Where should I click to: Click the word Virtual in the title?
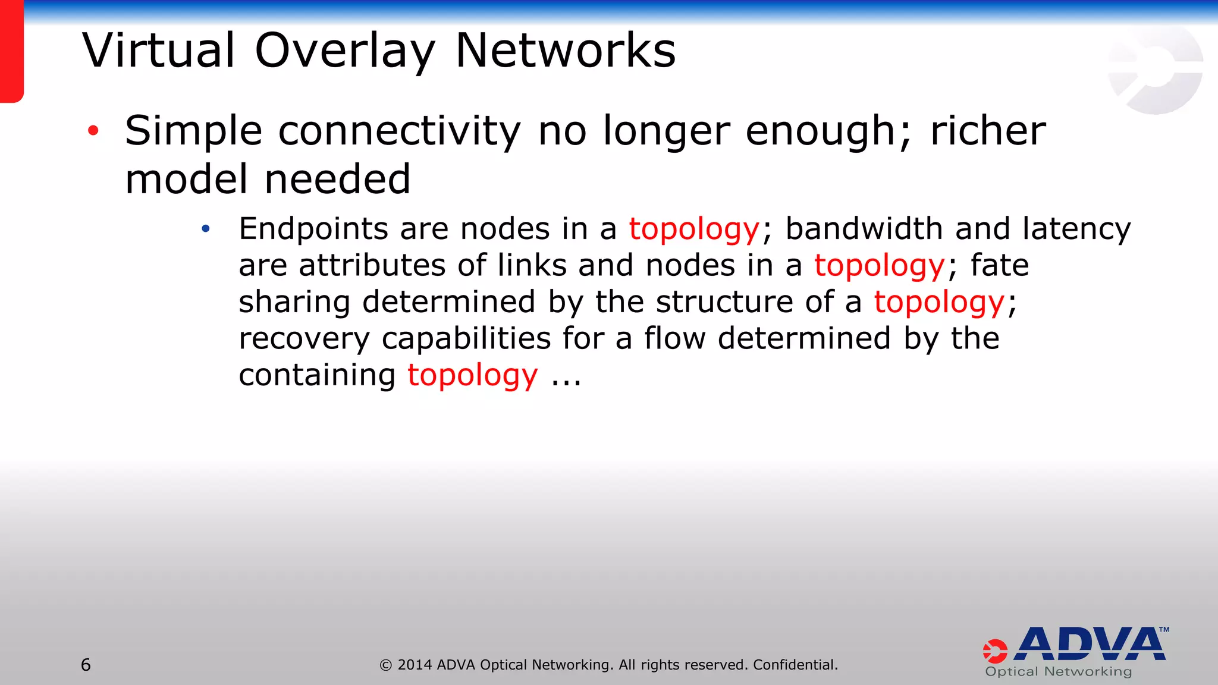pyautogui.click(x=159, y=51)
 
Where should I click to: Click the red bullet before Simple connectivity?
pyautogui.click(x=93, y=131)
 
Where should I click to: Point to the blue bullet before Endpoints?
pyautogui.click(x=206, y=229)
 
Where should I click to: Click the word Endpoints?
pyautogui.click(x=313, y=230)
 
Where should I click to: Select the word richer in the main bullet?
pyautogui.click(x=987, y=131)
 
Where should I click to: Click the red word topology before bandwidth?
pyautogui.click(x=694, y=230)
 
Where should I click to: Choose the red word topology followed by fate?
pyautogui.click(x=879, y=266)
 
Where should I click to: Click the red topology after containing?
pyautogui.click(x=472, y=376)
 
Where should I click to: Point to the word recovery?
pyautogui.click(x=304, y=339)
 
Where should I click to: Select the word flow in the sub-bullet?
pyautogui.click(x=674, y=338)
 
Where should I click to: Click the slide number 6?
pyautogui.click(x=86, y=665)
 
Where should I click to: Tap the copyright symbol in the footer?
pyautogui.click(x=386, y=665)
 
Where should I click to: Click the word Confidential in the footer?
pyautogui.click(x=795, y=665)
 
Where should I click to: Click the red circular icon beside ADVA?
pyautogui.click(x=995, y=651)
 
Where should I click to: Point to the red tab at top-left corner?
pyautogui.click(x=11, y=51)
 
